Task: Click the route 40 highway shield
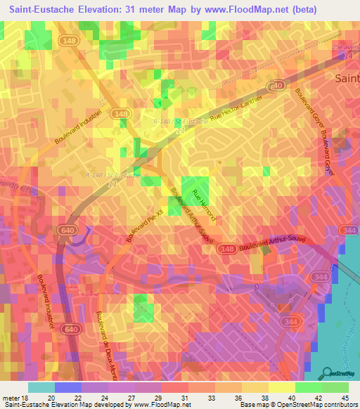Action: pyautogui.click(x=278, y=85)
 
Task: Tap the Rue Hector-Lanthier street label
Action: pyautogui.click(x=238, y=101)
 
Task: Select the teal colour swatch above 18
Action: pyautogui.click(x=41, y=387)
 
